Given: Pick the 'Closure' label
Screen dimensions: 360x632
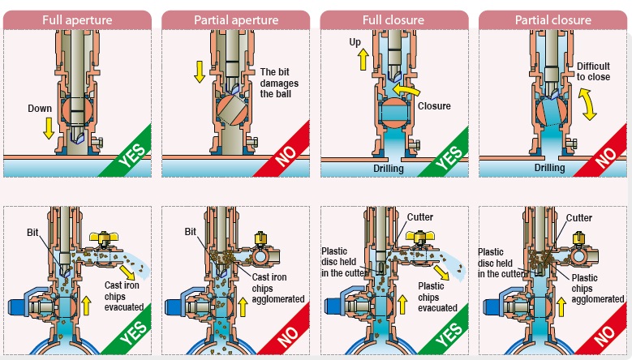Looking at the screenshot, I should point(433,106).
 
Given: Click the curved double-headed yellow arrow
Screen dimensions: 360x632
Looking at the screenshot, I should point(588,104).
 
